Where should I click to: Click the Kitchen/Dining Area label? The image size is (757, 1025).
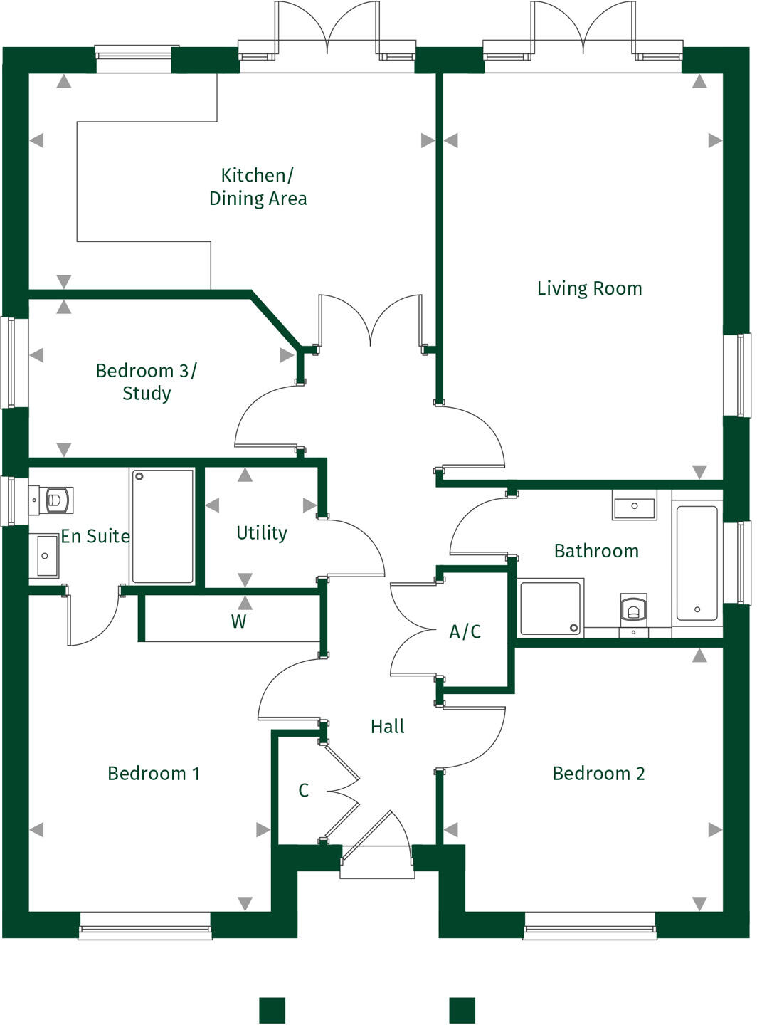(258, 186)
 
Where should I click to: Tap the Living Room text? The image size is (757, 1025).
(589, 288)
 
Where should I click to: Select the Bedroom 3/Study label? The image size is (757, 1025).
(146, 382)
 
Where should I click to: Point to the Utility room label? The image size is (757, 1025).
(262, 533)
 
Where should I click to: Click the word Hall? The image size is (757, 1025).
(387, 727)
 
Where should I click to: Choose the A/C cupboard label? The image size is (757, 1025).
(465, 631)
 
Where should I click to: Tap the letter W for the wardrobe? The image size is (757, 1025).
(238, 622)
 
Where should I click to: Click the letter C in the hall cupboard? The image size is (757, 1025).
(303, 791)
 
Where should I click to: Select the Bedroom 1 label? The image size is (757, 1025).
(154, 774)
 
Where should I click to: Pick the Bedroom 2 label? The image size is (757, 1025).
(598, 774)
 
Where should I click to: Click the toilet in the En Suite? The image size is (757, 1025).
(55, 500)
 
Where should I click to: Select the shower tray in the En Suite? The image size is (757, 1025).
(162, 526)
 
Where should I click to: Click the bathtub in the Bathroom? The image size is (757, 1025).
(697, 563)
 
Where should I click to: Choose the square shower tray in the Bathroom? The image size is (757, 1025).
(550, 607)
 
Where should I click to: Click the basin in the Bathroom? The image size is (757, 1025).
(634, 507)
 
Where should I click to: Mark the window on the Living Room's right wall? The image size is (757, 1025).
(738, 375)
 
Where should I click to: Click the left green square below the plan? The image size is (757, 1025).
(272, 1010)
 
